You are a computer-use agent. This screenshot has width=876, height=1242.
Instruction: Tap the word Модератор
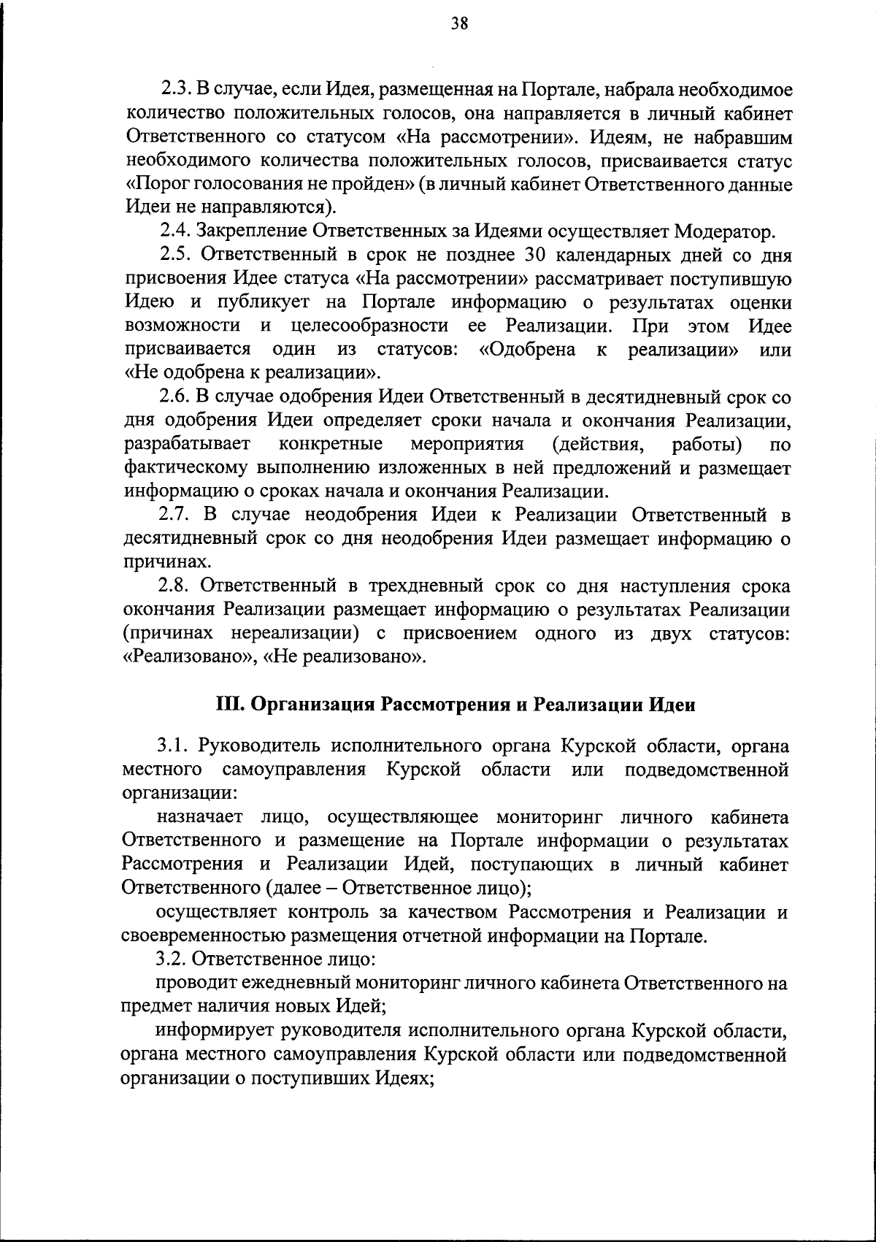point(723,232)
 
